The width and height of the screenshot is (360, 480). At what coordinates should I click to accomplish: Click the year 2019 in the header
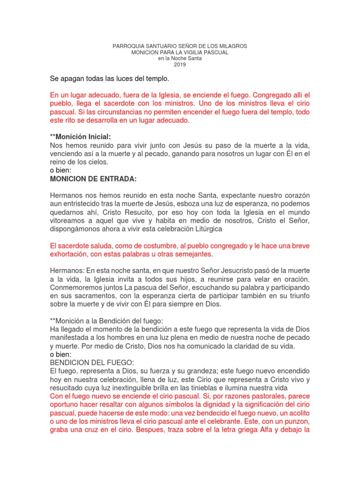point(180,65)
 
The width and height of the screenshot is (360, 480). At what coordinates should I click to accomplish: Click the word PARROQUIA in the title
point(130,47)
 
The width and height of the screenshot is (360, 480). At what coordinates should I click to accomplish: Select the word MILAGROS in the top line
point(231,47)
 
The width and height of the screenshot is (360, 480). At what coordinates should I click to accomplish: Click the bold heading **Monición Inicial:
point(80,137)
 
